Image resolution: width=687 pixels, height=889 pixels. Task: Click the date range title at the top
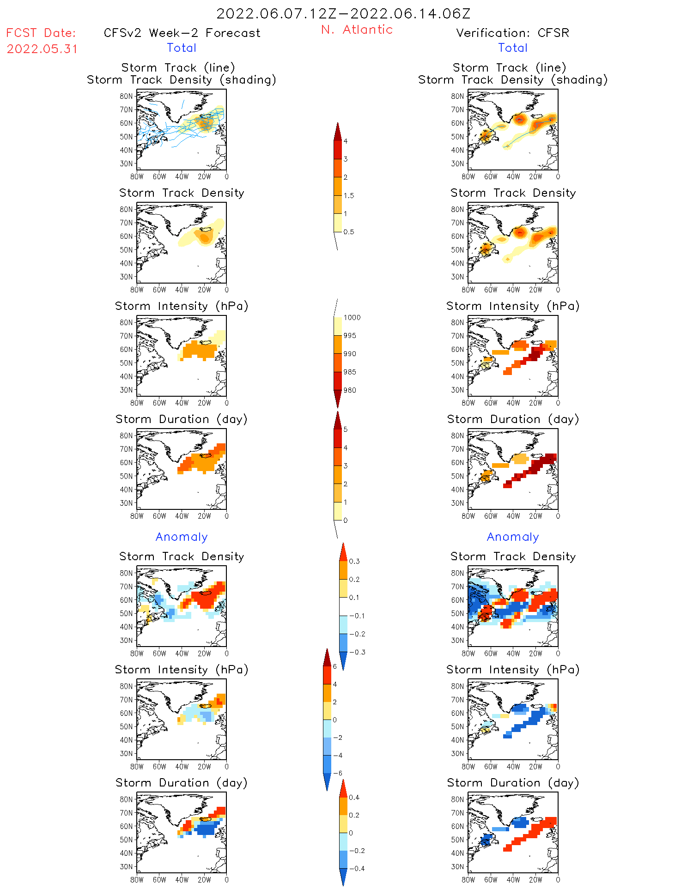(343, 13)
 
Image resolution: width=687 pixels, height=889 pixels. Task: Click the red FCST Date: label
(41, 33)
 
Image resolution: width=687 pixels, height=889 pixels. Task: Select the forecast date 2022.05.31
(42, 49)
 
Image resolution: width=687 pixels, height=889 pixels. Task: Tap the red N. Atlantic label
(357, 30)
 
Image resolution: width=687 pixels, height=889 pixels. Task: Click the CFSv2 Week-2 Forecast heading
(182, 33)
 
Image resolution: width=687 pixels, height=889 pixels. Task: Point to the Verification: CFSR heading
(512, 33)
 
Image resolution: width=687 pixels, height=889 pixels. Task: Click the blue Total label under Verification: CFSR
(512, 48)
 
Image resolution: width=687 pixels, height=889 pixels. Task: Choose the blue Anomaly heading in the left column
(182, 537)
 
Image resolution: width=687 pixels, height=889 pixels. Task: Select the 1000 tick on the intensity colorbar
(352, 317)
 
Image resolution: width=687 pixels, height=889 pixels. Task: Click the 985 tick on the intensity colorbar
(350, 372)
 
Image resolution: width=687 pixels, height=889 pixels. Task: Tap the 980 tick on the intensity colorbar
(350, 390)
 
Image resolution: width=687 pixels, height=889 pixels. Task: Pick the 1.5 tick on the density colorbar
(349, 195)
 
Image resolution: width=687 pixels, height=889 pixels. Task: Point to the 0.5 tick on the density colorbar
(349, 232)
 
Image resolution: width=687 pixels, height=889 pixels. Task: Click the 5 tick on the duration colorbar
(346, 429)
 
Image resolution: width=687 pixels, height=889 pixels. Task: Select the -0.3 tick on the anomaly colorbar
(357, 652)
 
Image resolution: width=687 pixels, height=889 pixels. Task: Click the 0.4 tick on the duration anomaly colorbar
(354, 797)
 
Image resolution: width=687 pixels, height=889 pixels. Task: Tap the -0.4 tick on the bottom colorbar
(356, 868)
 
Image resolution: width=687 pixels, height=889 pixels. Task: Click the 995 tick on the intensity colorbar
(350, 335)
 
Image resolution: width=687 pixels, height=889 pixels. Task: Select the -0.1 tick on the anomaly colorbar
(357, 616)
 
